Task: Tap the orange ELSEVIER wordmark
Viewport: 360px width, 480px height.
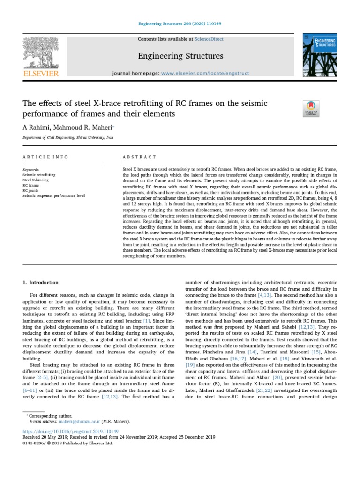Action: click(41, 74)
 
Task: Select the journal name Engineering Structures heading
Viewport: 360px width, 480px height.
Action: click(180, 57)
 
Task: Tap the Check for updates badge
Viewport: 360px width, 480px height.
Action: click(311, 108)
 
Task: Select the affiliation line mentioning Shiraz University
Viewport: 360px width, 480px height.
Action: click(68, 138)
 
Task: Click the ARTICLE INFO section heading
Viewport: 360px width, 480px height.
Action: click(45, 157)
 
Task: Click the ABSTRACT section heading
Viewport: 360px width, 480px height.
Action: click(139, 157)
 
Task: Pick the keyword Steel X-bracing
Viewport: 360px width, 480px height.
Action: click(36, 180)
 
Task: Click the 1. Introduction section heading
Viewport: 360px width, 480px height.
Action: click(41, 283)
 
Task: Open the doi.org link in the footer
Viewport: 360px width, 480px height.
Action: click(71, 431)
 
